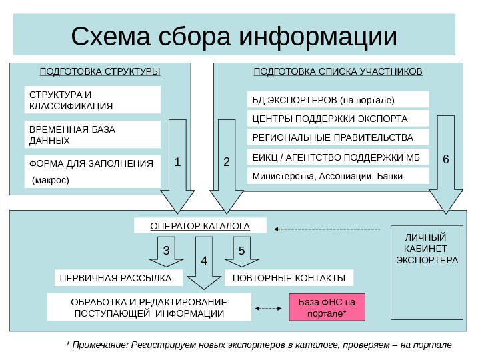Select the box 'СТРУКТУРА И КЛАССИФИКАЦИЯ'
[92, 99]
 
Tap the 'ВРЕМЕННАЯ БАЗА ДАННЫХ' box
[92, 134]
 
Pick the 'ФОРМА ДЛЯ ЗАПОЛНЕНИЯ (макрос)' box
[92, 171]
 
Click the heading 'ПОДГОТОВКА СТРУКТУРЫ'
[100, 70]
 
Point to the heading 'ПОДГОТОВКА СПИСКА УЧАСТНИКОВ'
[338, 70]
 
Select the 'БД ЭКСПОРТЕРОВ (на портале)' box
[338, 100]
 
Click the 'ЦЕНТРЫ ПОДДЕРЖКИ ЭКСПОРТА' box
[338, 119]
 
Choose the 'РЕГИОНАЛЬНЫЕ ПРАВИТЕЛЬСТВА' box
[338, 138]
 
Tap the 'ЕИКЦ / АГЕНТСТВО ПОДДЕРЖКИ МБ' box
[338, 157]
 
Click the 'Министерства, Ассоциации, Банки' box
[338, 176]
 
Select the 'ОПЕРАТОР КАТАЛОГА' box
[200, 226]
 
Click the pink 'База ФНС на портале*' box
[327, 307]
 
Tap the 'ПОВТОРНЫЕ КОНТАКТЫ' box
[289, 277]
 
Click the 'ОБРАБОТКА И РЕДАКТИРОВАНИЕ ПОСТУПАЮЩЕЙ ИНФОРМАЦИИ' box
[149, 307]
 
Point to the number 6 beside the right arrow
[446, 160]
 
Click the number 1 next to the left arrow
[177, 161]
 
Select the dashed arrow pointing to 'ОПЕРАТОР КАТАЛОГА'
[327, 229]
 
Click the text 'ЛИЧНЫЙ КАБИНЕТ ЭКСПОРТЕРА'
[427, 248]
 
